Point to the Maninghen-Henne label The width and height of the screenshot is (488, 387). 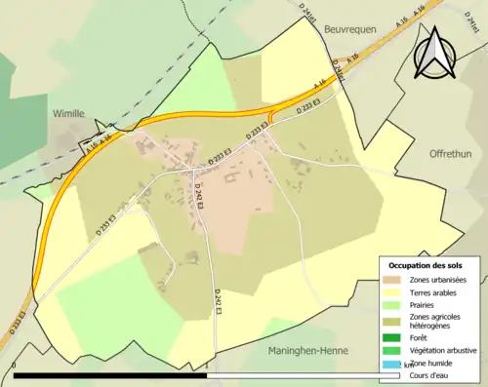(306, 349)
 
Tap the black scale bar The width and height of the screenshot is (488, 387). (195, 374)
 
